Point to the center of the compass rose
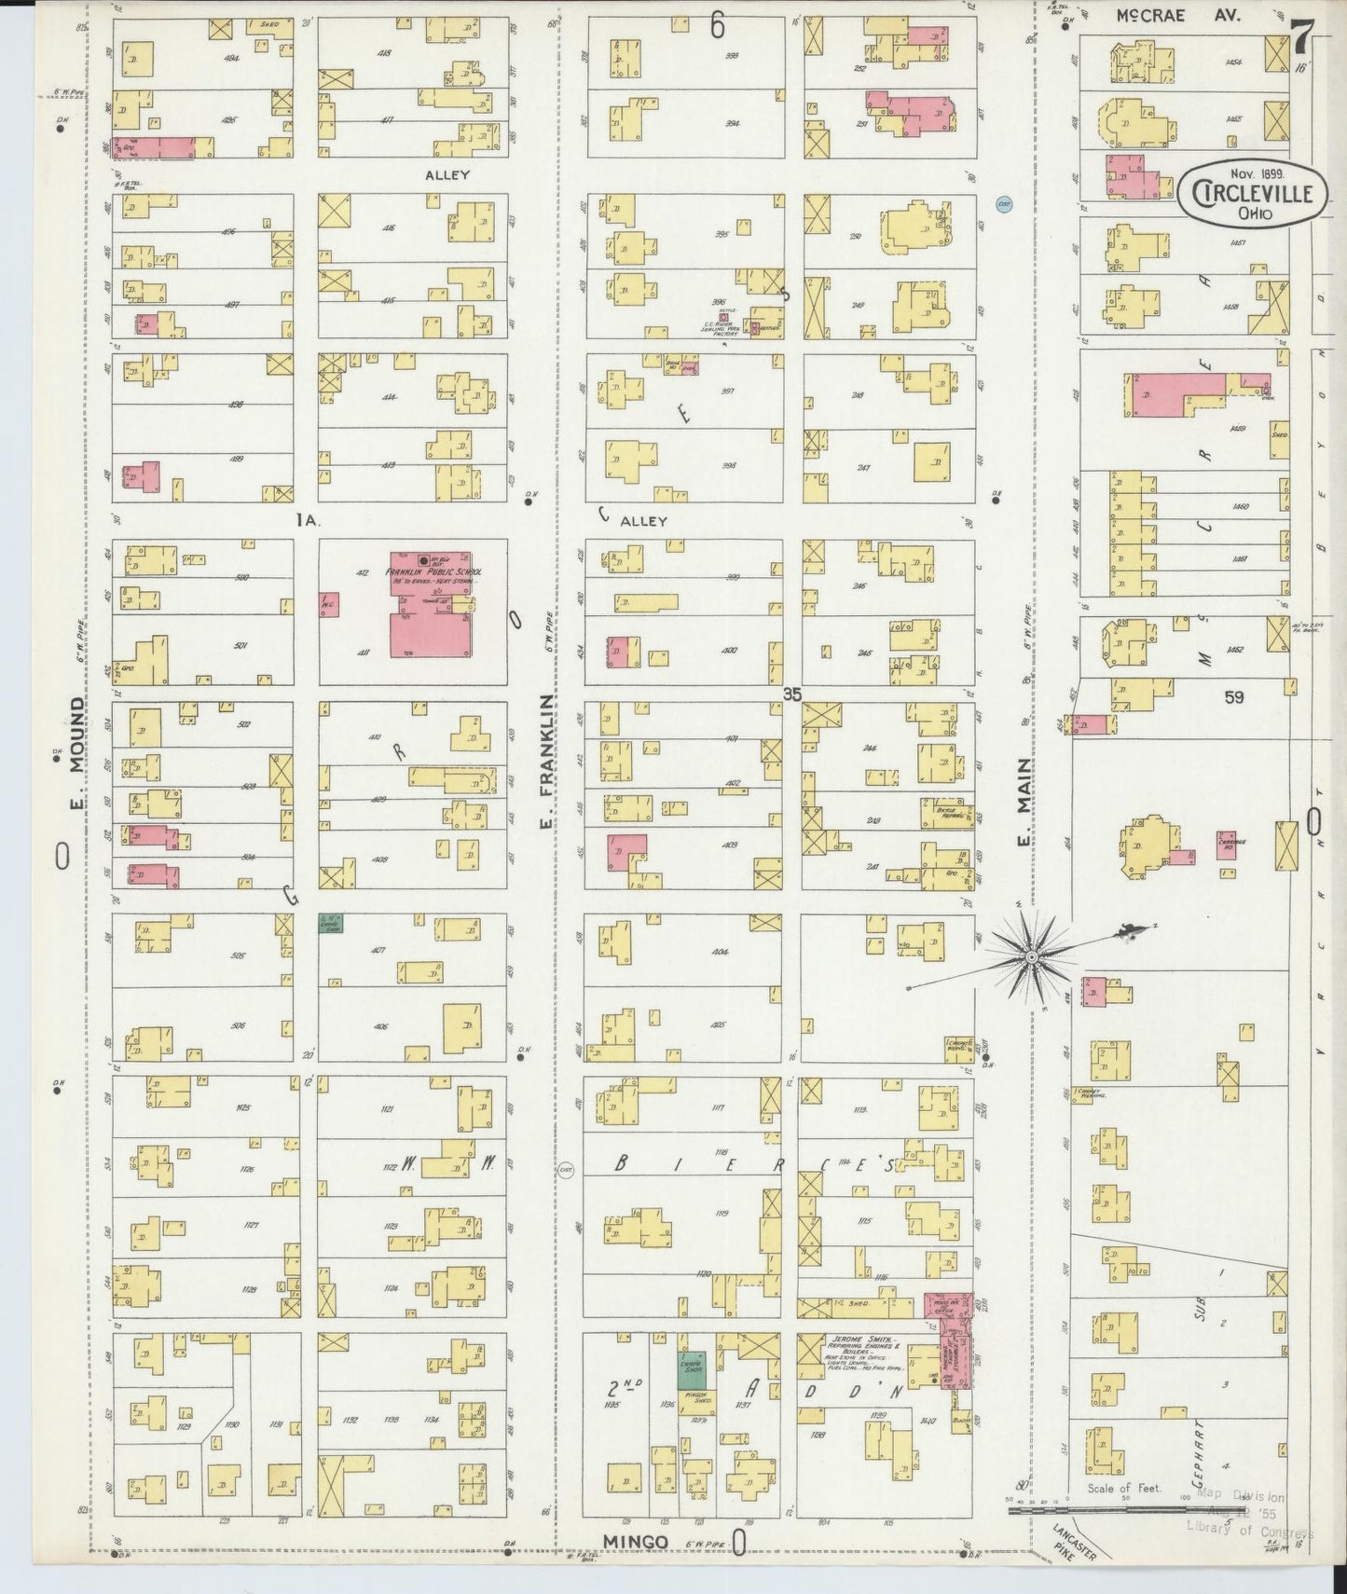[1032, 957]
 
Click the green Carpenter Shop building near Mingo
[691, 1369]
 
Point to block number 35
[792, 694]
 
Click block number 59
[1233, 696]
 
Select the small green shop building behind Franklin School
[330, 923]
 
